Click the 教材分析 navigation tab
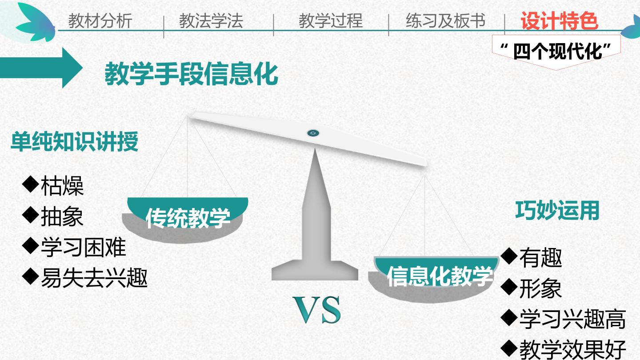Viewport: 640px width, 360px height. [x=100, y=21]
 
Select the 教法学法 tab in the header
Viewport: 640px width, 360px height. [x=211, y=21]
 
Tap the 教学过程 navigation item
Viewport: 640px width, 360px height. [x=331, y=21]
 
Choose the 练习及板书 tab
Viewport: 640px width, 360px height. [x=445, y=21]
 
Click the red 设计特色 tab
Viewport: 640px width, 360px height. [x=560, y=21]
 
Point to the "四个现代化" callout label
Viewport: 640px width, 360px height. [x=556, y=52]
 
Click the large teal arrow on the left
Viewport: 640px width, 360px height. [x=41, y=68]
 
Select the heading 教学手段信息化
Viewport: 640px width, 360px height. [x=192, y=74]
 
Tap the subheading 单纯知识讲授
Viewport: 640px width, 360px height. [x=75, y=141]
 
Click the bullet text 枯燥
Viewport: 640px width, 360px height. [x=62, y=186]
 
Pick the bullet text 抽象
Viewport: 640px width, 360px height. [x=62, y=216]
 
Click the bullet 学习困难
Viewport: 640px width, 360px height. [x=84, y=247]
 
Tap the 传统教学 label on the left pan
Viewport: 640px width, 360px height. [x=188, y=218]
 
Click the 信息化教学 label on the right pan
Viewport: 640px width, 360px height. [x=440, y=276]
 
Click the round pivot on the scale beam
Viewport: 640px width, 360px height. [x=313, y=133]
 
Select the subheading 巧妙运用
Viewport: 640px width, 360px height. [x=557, y=210]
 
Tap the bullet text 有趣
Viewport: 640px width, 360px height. [x=541, y=258]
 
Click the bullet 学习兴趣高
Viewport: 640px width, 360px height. [x=572, y=319]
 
